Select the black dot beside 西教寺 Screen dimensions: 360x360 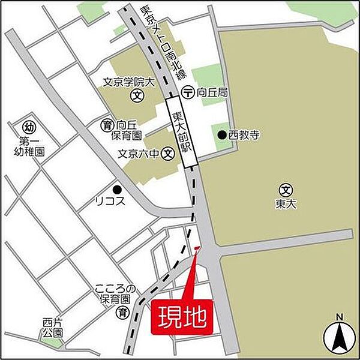(x=221, y=136)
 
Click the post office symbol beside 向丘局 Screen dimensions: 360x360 (x=187, y=93)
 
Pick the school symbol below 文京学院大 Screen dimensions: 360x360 (x=136, y=95)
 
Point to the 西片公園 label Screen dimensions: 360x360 (x=53, y=327)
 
